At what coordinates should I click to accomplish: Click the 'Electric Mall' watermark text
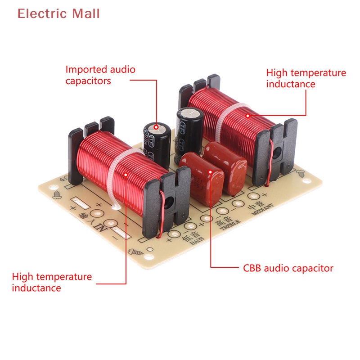click(x=58, y=14)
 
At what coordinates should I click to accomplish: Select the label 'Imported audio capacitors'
click(x=100, y=75)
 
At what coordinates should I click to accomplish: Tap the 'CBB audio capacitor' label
click(x=288, y=269)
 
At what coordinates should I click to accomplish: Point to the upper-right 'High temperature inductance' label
click(x=306, y=78)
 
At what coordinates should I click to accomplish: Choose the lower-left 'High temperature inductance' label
click(x=52, y=282)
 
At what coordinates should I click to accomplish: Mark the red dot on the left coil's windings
click(x=126, y=172)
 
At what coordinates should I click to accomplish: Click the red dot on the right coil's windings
click(x=247, y=115)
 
